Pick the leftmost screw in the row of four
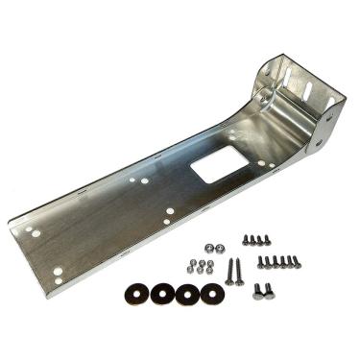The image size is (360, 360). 246,240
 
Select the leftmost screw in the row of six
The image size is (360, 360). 260,260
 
